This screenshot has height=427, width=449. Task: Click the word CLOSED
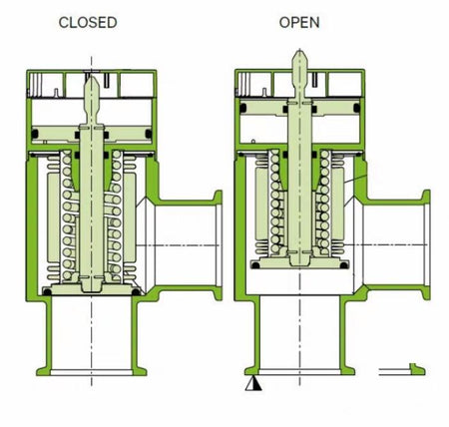click(88, 23)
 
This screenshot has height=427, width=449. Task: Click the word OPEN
click(299, 22)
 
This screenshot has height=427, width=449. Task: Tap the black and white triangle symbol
click(253, 383)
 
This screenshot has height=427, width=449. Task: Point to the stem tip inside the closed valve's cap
click(92, 90)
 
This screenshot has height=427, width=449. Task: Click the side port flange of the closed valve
click(218, 245)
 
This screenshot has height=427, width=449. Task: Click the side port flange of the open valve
click(426, 244)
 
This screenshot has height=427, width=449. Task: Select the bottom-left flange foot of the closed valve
click(44, 371)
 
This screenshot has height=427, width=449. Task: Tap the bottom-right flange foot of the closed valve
click(139, 371)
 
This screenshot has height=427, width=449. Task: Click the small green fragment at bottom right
click(417, 369)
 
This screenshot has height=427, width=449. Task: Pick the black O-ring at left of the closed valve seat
click(48, 292)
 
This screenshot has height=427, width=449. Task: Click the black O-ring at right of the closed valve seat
click(136, 292)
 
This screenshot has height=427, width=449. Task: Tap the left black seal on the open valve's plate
click(255, 265)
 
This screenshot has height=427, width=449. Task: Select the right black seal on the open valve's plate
click(344, 265)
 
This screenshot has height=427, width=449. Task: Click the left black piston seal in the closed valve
click(35, 134)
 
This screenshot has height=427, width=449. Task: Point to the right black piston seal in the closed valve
click(149, 134)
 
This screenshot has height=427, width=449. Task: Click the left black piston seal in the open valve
click(242, 108)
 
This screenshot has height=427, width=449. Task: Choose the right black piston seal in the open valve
click(357, 108)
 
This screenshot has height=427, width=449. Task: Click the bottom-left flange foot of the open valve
click(252, 370)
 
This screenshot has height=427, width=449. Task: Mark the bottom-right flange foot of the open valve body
click(347, 370)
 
